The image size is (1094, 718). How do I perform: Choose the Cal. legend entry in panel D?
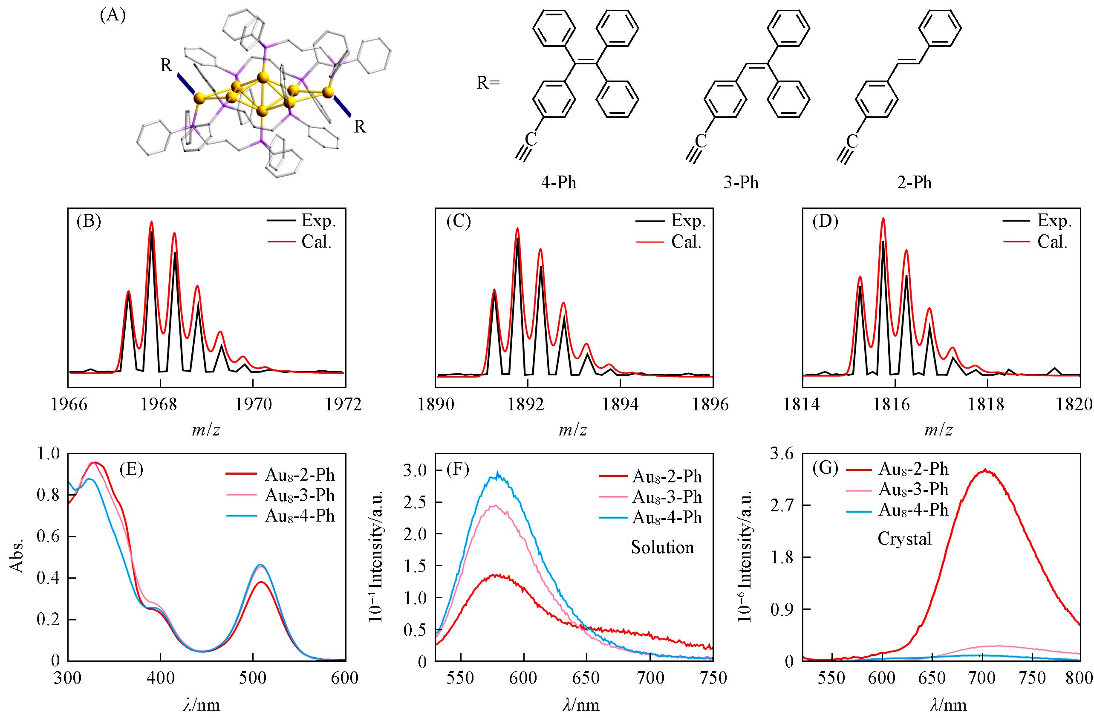tap(1052, 242)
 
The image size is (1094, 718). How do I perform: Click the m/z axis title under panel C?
tap(573, 430)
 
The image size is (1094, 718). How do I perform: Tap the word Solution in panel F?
tap(662, 548)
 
